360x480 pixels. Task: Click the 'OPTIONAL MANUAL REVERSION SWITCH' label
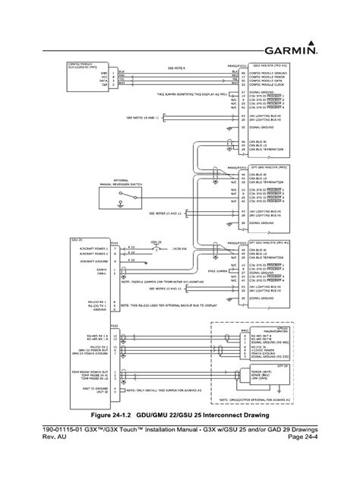(119, 182)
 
